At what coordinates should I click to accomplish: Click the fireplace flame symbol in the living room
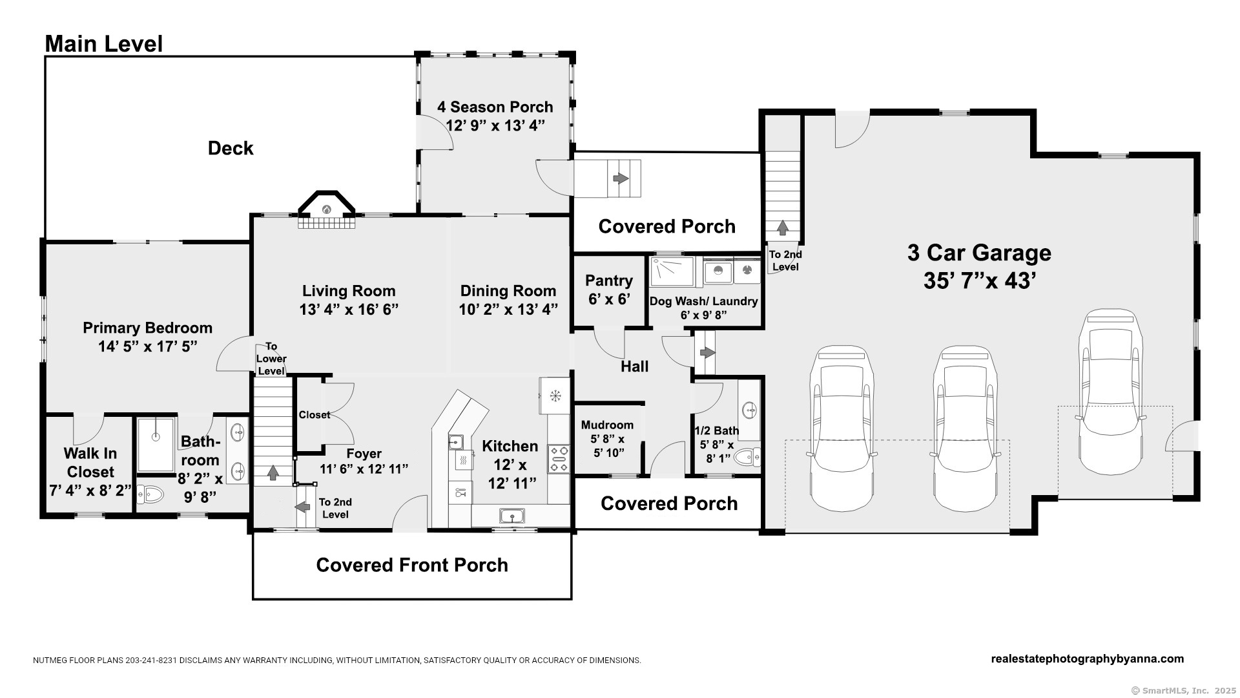click(x=327, y=209)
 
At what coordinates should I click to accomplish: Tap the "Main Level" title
click(x=104, y=44)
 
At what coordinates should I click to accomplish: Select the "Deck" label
click(x=231, y=148)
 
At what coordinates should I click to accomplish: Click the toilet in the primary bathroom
click(x=149, y=495)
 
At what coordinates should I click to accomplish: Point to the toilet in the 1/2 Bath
click(x=748, y=458)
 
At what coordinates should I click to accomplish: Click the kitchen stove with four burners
click(x=559, y=458)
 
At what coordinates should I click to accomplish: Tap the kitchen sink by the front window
click(x=512, y=516)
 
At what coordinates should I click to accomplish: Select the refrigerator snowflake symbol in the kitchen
click(x=554, y=396)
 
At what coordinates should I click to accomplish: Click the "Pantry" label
click(x=609, y=280)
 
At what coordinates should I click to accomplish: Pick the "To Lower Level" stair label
click(x=271, y=359)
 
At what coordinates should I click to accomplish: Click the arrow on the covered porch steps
click(x=621, y=178)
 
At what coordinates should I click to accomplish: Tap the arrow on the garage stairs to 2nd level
click(x=783, y=227)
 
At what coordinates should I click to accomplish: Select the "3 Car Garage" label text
click(x=979, y=253)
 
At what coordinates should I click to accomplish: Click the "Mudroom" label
click(x=607, y=425)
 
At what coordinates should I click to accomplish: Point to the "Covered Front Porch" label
click(x=412, y=565)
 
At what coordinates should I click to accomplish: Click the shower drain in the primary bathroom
click(x=156, y=436)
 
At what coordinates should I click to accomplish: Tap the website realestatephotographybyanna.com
click(x=1088, y=659)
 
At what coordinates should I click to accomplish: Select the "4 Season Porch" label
click(x=495, y=107)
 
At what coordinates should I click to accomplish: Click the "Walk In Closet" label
click(x=90, y=463)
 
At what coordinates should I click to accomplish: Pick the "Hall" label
click(x=634, y=366)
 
